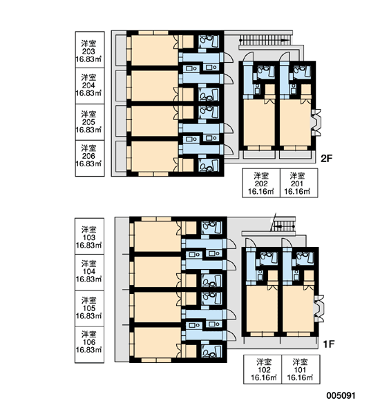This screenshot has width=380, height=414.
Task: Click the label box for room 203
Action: [x=90, y=50]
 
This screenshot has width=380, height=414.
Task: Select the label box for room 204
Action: [x=90, y=86]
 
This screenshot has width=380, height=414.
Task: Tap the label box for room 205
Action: [x=90, y=122]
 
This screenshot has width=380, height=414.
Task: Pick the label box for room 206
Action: [x=90, y=158]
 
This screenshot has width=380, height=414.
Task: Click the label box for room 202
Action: [x=261, y=183]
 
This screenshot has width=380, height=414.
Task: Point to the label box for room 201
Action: [x=299, y=183]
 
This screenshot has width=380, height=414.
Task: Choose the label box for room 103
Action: [x=89, y=236]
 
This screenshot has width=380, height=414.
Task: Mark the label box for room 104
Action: [x=89, y=273]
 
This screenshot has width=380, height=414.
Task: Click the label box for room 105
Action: [x=89, y=308]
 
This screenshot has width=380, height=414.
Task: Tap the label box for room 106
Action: [x=89, y=345]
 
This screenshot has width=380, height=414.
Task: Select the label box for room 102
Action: [x=263, y=369]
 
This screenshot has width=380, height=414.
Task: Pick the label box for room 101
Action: [x=301, y=369]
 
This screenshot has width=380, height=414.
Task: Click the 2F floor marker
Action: [x=326, y=159]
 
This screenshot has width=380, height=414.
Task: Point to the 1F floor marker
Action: [x=329, y=344]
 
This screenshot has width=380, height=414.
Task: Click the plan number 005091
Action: [x=341, y=395]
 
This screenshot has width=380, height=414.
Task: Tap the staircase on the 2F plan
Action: [x=265, y=41]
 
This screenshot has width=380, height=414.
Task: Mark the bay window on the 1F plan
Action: [x=319, y=308]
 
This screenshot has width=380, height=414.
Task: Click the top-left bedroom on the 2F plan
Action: [x=155, y=50]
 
